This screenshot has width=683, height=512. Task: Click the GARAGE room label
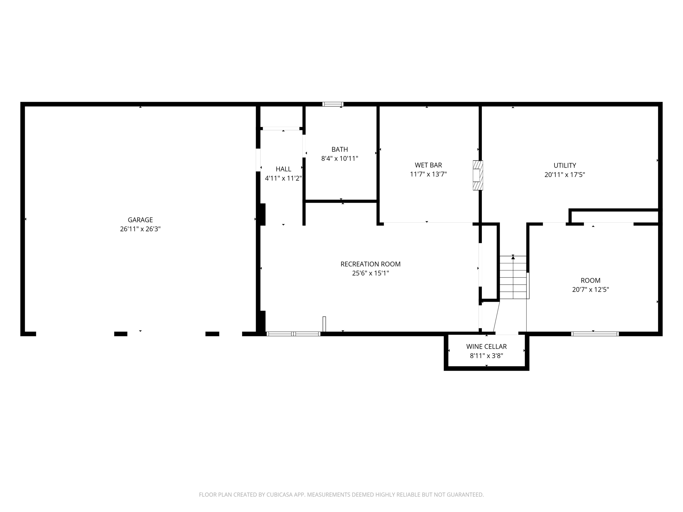click(x=140, y=220)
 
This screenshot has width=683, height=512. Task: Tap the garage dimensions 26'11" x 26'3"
click(x=140, y=229)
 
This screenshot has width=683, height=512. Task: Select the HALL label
click(x=283, y=169)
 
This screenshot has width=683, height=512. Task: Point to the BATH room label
click(x=339, y=149)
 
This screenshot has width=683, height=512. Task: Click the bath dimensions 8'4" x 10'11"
click(x=339, y=158)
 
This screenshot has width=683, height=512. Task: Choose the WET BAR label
click(x=428, y=165)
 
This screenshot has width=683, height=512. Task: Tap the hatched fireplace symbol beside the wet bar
click(x=478, y=175)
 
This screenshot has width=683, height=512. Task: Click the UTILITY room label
click(x=565, y=165)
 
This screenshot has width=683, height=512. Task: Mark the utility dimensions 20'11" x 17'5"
click(x=565, y=174)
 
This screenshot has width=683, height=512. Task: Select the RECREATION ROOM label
click(x=371, y=264)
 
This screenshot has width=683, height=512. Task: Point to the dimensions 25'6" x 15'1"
click(x=371, y=273)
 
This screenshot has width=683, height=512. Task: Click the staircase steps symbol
click(x=513, y=277)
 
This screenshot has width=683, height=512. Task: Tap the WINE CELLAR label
click(x=486, y=347)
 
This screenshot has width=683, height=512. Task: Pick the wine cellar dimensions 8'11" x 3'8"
click(x=486, y=356)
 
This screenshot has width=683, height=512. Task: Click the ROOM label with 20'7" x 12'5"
click(x=590, y=280)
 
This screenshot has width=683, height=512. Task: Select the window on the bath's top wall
click(x=333, y=104)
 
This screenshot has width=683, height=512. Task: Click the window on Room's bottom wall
click(x=595, y=334)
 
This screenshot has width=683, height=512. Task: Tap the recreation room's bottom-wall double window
click(x=293, y=334)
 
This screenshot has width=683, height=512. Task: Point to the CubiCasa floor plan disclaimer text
click(x=341, y=495)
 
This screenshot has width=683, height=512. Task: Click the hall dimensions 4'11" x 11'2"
click(x=283, y=178)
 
